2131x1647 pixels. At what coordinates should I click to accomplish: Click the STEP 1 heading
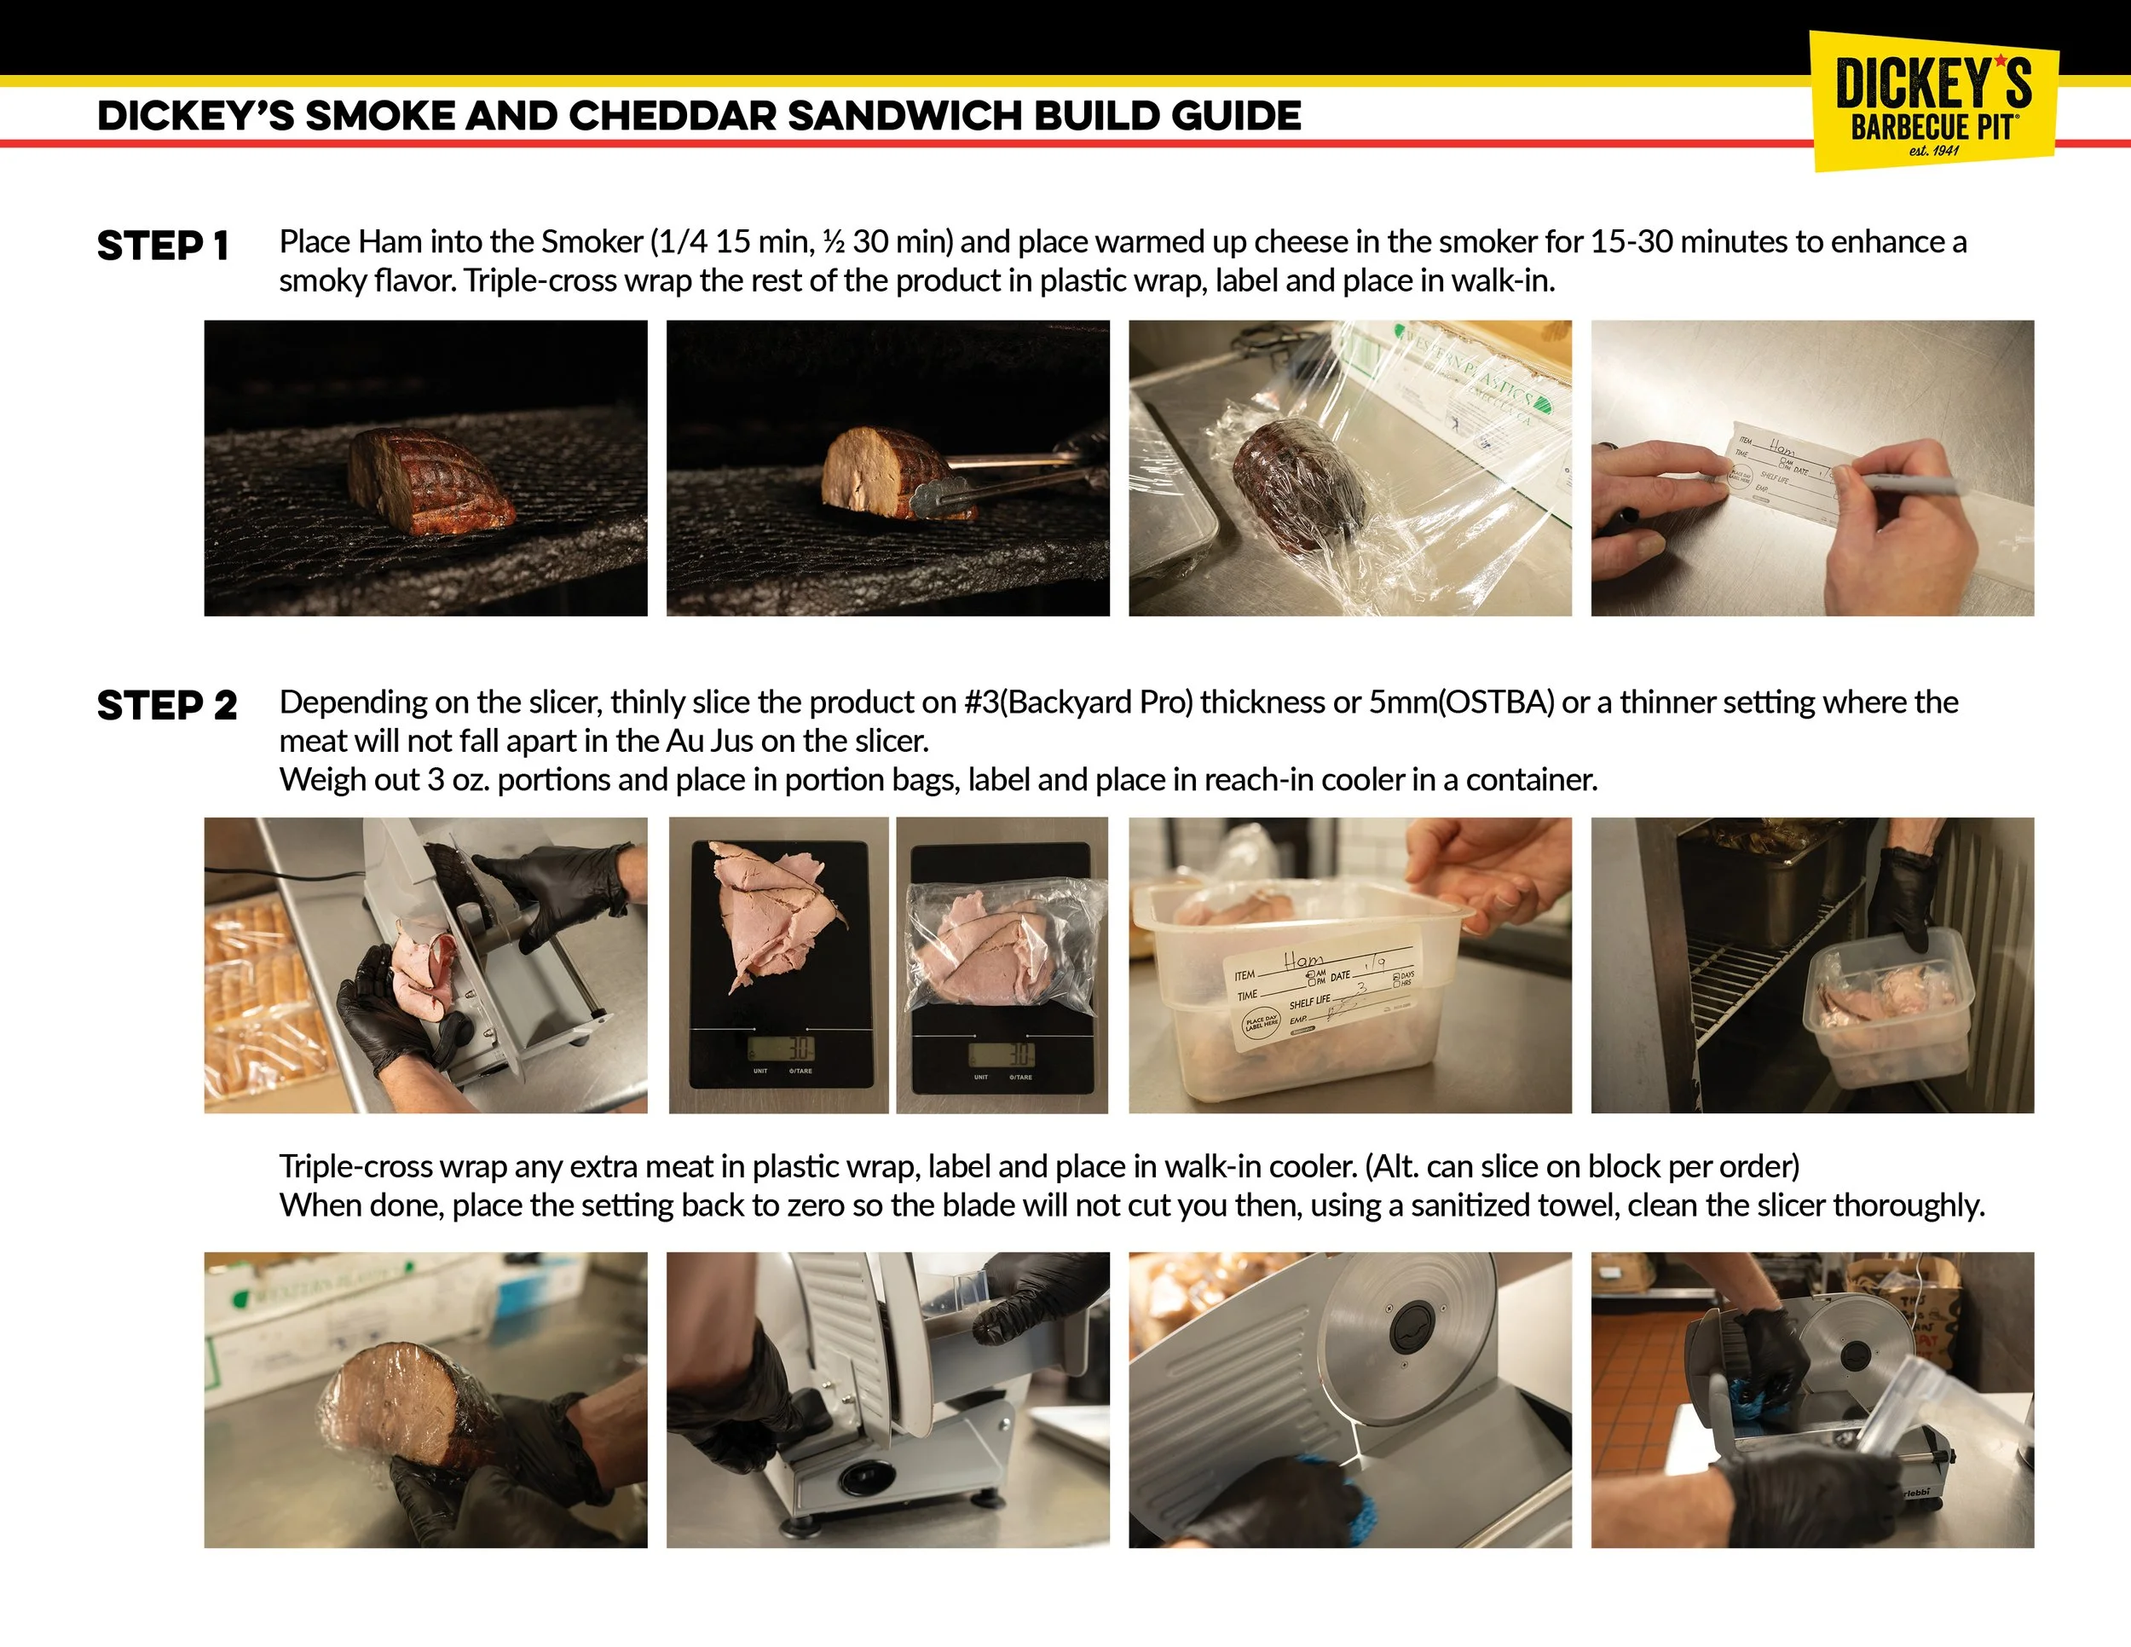(x=162, y=246)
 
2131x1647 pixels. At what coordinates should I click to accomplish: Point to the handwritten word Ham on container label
(x=1303, y=960)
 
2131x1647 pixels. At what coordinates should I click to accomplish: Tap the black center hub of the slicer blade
(x=1412, y=1327)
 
